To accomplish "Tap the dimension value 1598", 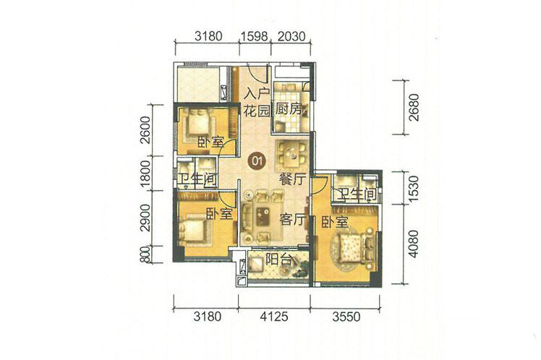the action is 255,36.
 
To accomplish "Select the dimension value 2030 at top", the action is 291,36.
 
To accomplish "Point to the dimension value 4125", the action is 274,316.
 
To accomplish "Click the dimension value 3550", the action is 346,316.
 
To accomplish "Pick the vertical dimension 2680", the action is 413,107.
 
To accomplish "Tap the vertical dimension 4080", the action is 413,244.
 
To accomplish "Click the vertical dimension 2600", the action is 146,130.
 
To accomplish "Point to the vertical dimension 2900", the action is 146,218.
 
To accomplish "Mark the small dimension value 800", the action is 146,255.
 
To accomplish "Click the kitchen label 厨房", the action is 289,109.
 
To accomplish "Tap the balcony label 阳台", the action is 279,260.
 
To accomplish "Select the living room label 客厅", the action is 293,219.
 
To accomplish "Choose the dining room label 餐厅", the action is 293,180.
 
